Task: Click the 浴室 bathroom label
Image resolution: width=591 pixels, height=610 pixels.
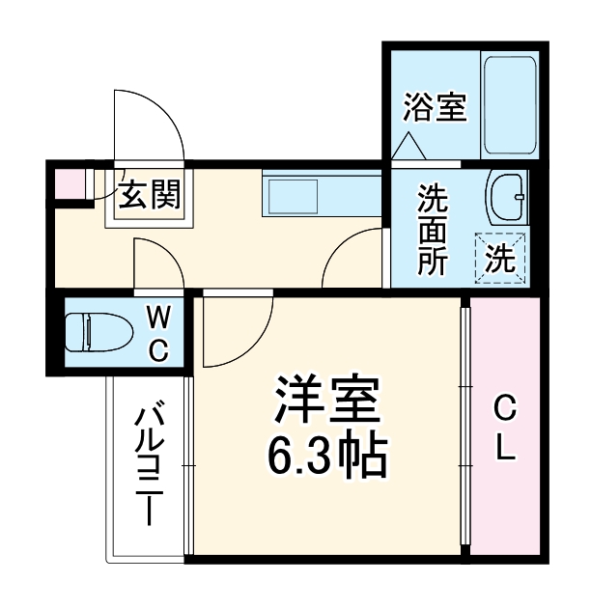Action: [435, 107]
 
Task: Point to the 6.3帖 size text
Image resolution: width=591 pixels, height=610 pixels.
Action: [326, 457]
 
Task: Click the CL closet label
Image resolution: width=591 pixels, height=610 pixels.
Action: [504, 430]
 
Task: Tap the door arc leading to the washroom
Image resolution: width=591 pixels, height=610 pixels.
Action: [352, 257]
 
